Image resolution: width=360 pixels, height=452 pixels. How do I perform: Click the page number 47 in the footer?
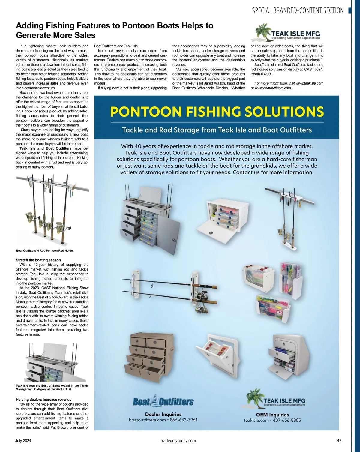coord(339,441)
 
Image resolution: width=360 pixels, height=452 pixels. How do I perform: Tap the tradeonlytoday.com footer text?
coord(178,441)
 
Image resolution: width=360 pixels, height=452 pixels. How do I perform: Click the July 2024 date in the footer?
coord(23,441)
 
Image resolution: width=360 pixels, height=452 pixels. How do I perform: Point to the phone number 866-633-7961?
coord(184,420)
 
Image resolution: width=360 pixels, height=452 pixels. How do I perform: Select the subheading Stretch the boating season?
coord(38,260)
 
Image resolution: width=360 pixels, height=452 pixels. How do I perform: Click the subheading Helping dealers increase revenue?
coord(43,400)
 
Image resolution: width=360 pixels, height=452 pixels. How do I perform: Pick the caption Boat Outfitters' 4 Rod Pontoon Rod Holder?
coord(45,251)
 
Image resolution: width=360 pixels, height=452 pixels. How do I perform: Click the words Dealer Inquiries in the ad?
coord(163,414)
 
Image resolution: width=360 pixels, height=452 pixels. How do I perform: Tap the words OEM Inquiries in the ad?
coord(272,415)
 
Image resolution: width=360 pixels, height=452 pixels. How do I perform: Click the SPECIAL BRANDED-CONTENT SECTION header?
coord(298,11)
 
